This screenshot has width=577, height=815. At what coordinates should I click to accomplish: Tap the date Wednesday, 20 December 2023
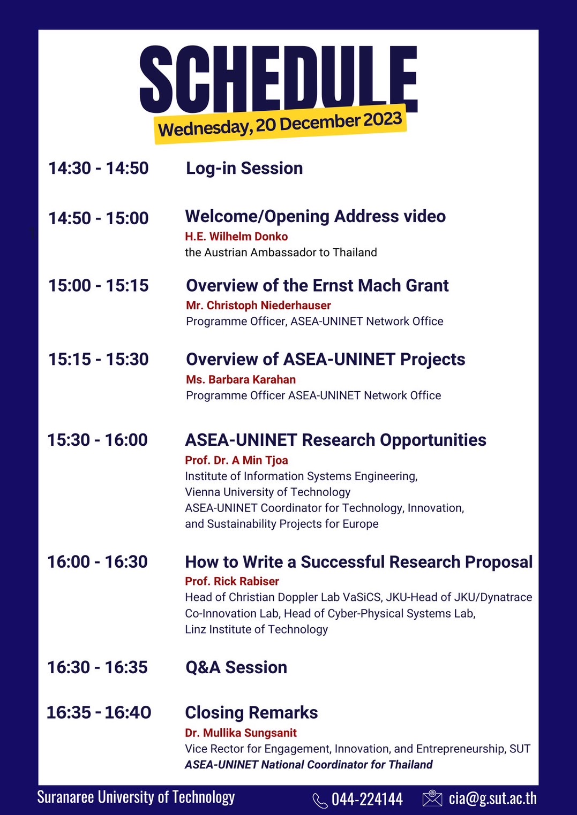pyautogui.click(x=280, y=125)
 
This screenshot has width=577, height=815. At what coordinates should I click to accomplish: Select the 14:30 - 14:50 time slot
pyautogui.click(x=99, y=168)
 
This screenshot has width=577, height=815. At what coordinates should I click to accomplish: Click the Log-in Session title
pyautogui.click(x=244, y=169)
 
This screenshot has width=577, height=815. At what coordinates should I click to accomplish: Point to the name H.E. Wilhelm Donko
pyautogui.click(x=236, y=237)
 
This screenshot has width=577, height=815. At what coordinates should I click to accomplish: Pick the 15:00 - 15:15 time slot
pyautogui.click(x=99, y=285)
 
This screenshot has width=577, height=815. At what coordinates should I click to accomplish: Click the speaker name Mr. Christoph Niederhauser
pyautogui.click(x=258, y=306)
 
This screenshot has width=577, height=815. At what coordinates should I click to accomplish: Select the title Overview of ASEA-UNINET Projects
pyautogui.click(x=326, y=360)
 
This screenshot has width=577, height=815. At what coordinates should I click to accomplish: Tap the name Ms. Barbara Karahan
pyautogui.click(x=241, y=379)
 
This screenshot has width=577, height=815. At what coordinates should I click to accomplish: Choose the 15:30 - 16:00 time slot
pyautogui.click(x=98, y=440)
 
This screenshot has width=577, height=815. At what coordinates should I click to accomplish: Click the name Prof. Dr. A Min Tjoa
pyautogui.click(x=236, y=460)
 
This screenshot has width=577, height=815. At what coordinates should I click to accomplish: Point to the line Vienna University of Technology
pyautogui.click(x=268, y=492)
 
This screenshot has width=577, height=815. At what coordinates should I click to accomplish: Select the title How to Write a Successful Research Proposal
pyautogui.click(x=359, y=562)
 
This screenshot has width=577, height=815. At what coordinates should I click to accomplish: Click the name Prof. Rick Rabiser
pyautogui.click(x=232, y=581)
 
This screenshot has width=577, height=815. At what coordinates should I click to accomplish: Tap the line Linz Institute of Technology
pyautogui.click(x=257, y=629)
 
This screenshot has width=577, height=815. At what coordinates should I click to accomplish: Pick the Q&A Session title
pyautogui.click(x=236, y=668)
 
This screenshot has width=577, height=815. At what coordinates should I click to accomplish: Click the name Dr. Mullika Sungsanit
pyautogui.click(x=241, y=733)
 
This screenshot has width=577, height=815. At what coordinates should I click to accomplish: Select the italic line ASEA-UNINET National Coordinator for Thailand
pyautogui.click(x=309, y=765)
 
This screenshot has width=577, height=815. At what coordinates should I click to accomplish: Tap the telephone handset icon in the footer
pyautogui.click(x=320, y=801)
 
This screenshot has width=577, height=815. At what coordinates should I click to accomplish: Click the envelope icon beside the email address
pyautogui.click(x=432, y=798)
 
